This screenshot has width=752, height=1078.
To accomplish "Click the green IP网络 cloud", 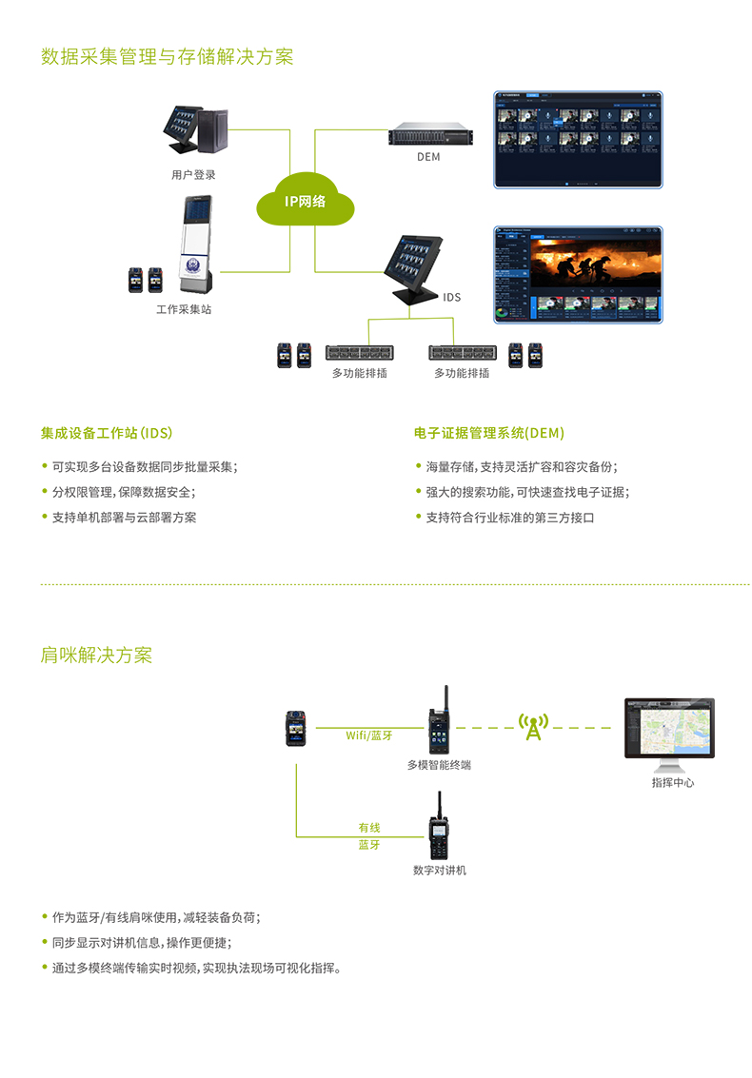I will [305, 201].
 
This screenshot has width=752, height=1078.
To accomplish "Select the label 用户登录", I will [193, 174].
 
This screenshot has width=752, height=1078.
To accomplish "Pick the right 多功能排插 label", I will [462, 373].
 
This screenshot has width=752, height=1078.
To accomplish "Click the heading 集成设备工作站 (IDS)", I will [107, 433].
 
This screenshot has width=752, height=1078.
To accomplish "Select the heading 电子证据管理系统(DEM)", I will [489, 433].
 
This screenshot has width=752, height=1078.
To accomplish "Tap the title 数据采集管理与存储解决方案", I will [168, 57].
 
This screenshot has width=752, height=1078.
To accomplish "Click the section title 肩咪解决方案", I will [96, 656].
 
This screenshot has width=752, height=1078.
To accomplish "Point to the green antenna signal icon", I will [534, 728].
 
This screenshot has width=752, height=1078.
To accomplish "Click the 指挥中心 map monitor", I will [669, 730].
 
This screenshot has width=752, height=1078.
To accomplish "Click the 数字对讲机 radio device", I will [438, 828].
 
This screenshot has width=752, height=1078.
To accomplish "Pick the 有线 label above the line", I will [369, 828].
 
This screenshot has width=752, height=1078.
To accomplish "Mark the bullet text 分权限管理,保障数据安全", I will [124, 492].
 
